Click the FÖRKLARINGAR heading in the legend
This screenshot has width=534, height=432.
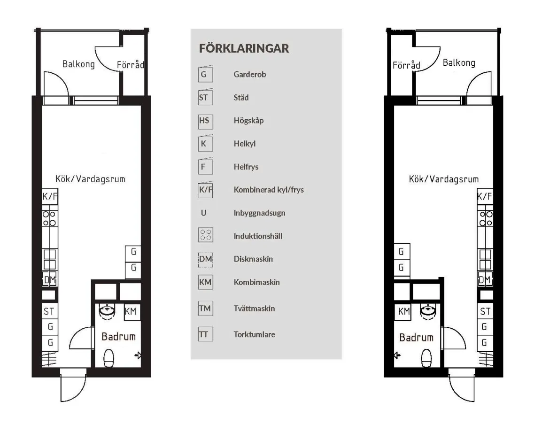244,48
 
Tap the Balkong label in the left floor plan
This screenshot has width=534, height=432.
78,64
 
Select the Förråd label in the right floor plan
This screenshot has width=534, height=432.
406,65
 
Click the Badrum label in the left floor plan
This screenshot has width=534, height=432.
118,336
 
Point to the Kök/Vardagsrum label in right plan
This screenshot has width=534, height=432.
443,179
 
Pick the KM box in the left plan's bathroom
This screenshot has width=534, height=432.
131,311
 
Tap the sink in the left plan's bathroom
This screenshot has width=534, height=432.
108,311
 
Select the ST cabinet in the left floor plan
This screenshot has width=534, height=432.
49,311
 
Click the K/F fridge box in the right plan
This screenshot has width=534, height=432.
484,197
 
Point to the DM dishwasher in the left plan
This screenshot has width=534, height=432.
49,280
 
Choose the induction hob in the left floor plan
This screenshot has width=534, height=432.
49,218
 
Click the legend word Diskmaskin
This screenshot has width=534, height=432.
253,259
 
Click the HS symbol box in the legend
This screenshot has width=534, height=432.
205,121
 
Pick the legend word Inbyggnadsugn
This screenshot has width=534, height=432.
259,213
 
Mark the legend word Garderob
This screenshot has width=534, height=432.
250,75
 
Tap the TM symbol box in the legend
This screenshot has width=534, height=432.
205,309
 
